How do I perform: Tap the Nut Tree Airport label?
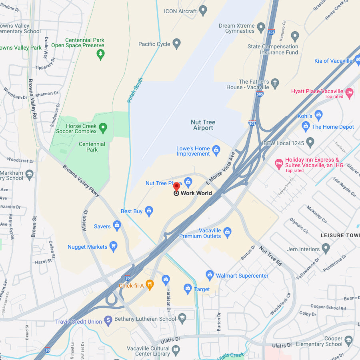pyautogui.click(x=203, y=125)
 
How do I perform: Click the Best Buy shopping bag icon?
pyautogui.click(x=149, y=211)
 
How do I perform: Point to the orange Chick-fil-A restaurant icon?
pyautogui.click(x=150, y=285)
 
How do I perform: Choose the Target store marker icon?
pyautogui.click(x=188, y=288)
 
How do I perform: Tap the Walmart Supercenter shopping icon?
pyautogui.click(x=210, y=275)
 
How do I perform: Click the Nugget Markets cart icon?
pyautogui.click(x=114, y=246)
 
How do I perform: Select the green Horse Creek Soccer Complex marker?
pyautogui.click(x=103, y=128)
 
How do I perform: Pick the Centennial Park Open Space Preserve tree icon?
pyautogui.click(x=101, y=54)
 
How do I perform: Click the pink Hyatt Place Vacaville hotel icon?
pyautogui.click(x=350, y=93)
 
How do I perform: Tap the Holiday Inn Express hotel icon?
pyautogui.click(x=279, y=164)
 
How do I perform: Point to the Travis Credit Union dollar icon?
pyautogui.click(x=108, y=321)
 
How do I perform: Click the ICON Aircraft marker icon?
pyautogui.click(x=203, y=10)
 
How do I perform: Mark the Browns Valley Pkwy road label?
pyautogui.click(x=81, y=180)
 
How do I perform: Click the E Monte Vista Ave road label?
pyautogui.click(x=221, y=168)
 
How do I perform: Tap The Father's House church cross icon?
pyautogui.click(x=274, y=84)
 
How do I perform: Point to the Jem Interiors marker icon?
pyautogui.click(x=326, y=249)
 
